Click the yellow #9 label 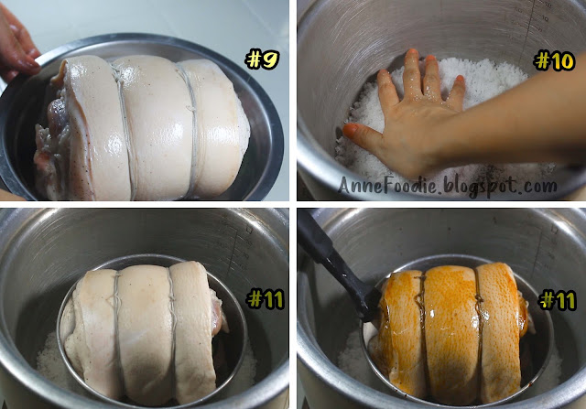click(262, 59)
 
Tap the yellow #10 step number click(555, 61)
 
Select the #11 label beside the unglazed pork click(266, 299)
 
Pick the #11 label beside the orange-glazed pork click(558, 299)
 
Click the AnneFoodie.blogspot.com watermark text click(447, 185)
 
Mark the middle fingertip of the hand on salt click(411, 55)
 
